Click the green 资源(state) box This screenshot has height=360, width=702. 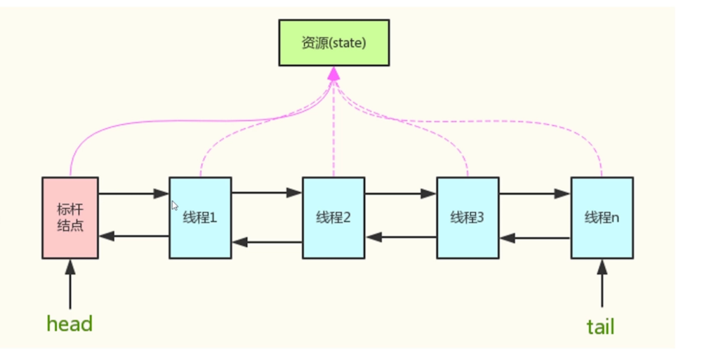(x=333, y=43)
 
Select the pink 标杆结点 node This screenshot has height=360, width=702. (x=70, y=218)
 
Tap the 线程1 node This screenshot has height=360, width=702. (x=200, y=218)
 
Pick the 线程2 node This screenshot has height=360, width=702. (x=333, y=218)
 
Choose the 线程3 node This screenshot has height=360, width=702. (x=468, y=218)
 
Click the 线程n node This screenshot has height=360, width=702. (x=602, y=218)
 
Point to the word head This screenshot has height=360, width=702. (x=69, y=324)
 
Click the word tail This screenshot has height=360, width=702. (x=601, y=326)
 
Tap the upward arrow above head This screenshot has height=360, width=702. (x=70, y=284)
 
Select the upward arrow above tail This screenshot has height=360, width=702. (x=602, y=284)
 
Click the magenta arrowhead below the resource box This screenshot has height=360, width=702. (x=333, y=73)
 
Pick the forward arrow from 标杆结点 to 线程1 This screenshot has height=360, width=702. (x=133, y=193)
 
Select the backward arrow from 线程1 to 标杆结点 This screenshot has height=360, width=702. (x=133, y=236)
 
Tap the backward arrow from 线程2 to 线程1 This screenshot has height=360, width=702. (x=267, y=242)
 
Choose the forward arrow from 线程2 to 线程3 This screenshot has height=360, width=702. (x=400, y=193)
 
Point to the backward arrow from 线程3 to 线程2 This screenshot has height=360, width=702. (x=400, y=237)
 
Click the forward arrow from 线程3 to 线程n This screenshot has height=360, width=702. (x=534, y=193)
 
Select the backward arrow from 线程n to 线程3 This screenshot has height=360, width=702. (x=534, y=238)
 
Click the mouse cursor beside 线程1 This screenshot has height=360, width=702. (x=175, y=206)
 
